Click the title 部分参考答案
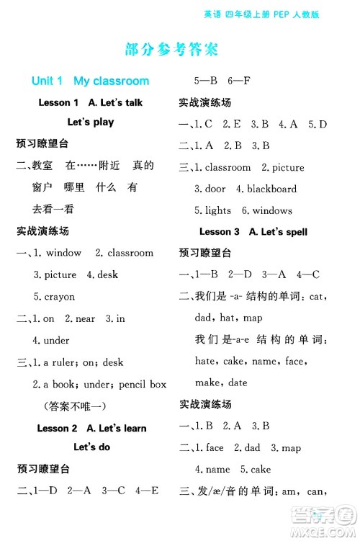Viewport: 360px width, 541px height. click(x=171, y=50)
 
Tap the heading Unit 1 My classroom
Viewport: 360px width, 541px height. click(x=90, y=81)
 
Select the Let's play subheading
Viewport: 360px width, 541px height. click(x=91, y=122)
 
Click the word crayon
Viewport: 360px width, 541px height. click(x=59, y=296)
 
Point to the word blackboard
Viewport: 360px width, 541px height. click(x=271, y=189)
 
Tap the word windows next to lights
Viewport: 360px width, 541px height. click(x=272, y=210)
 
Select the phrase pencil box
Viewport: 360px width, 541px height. click(x=143, y=384)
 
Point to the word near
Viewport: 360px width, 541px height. click(x=86, y=318)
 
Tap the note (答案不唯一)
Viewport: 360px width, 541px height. click(x=74, y=406)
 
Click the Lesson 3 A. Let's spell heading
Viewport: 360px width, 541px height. click(x=253, y=232)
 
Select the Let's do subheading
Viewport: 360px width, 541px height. click(x=91, y=447)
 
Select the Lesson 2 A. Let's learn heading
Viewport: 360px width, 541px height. click(x=91, y=429)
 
